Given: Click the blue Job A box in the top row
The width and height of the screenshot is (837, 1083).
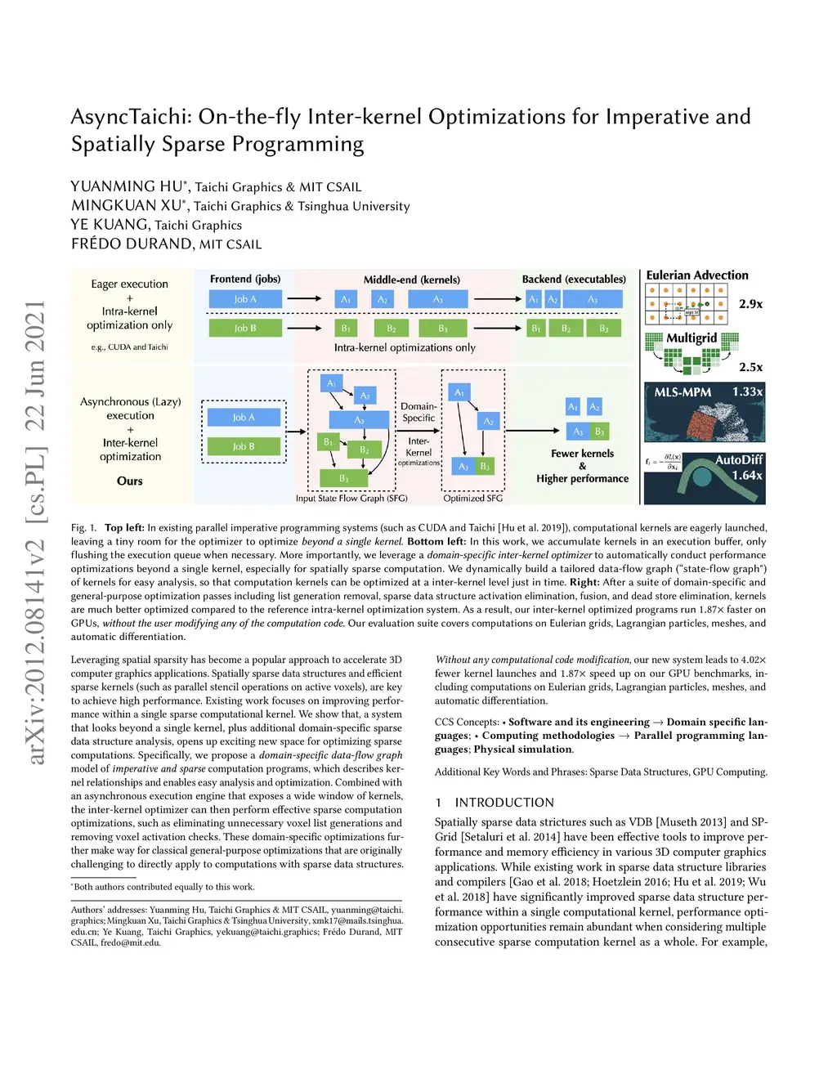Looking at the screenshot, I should tap(245, 299).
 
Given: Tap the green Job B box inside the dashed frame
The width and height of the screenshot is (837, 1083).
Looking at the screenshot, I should tap(244, 446).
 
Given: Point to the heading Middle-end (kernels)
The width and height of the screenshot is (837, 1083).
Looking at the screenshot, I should tap(411, 280).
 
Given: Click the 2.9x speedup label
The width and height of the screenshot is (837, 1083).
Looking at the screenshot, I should tap(750, 304).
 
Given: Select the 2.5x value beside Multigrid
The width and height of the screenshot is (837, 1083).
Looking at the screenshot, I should tap(750, 367).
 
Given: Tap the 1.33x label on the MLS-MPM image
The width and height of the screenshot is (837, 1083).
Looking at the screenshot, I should tap(747, 392).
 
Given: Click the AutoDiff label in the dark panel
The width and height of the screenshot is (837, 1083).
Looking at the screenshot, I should tap(738, 460).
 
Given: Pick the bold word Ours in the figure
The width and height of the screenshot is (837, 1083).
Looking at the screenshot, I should tap(129, 481).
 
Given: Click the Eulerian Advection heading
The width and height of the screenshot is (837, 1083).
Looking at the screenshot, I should tap(696, 275).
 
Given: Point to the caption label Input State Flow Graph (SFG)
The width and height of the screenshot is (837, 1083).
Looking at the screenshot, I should tap(351, 498).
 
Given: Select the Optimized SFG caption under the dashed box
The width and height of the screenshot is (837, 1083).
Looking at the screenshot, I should tap(472, 498).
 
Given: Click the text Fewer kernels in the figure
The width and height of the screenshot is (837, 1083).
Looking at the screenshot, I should tap(582, 454).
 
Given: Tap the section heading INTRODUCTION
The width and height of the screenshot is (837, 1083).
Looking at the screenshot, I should tap(504, 803).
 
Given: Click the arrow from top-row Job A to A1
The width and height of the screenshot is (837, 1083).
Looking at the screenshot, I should tap(304, 299).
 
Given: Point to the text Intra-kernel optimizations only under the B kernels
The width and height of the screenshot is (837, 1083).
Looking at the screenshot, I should tap(405, 347).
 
